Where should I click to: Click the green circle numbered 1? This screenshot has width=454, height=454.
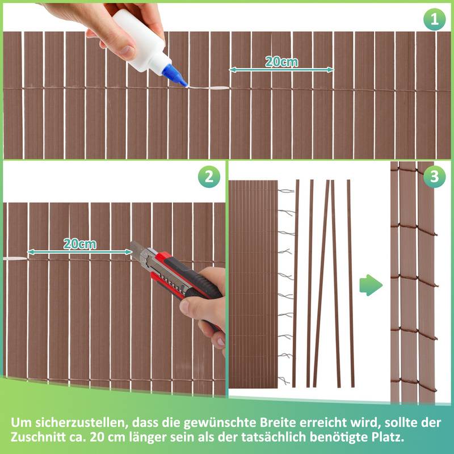(x=435, y=20)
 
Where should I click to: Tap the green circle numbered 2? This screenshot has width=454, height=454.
(x=208, y=177)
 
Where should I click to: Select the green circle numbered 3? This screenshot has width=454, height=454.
(x=434, y=177)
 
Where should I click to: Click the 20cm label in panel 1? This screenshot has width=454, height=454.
(x=281, y=62)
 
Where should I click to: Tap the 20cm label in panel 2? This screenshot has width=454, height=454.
(x=79, y=244)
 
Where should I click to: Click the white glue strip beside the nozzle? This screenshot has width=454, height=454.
(x=207, y=88)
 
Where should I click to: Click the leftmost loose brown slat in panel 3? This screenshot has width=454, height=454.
(x=296, y=284)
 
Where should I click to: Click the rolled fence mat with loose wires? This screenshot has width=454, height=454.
(x=253, y=284)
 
